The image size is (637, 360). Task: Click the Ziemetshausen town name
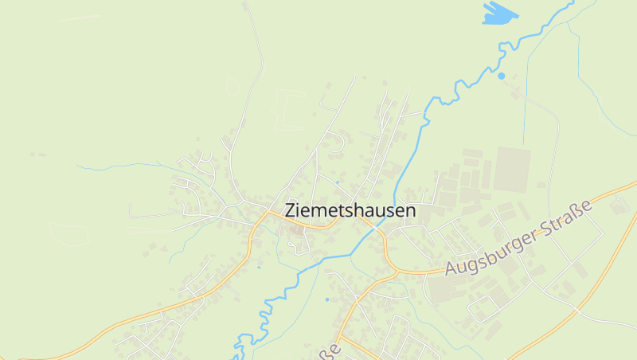pos(350,211)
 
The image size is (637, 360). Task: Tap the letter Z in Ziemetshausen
pos(290,211)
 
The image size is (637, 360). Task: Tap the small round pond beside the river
pos(501,76)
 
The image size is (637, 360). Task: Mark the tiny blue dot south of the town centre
pos(326,299)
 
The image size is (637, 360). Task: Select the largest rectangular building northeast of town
pos(511,169)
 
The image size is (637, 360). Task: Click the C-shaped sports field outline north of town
pos(288,109)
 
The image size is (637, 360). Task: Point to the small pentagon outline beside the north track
pos(233,85)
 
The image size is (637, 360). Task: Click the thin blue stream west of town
pos(119,166)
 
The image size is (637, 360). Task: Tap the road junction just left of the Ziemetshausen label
pos(266,213)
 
